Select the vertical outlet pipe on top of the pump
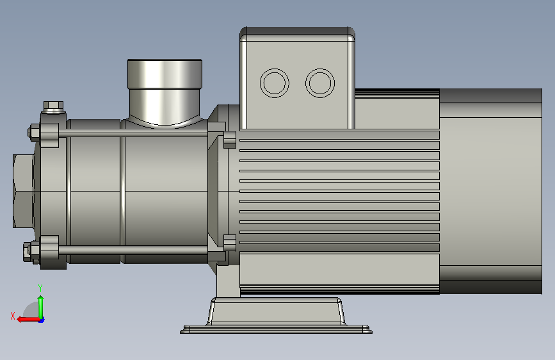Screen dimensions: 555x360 pos(165,92)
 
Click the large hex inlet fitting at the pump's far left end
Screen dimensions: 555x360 pos(23,191)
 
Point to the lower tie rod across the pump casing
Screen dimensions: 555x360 pos(133,250)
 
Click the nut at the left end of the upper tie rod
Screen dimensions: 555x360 pos(35,133)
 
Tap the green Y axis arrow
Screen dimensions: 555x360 pos(41,307)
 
